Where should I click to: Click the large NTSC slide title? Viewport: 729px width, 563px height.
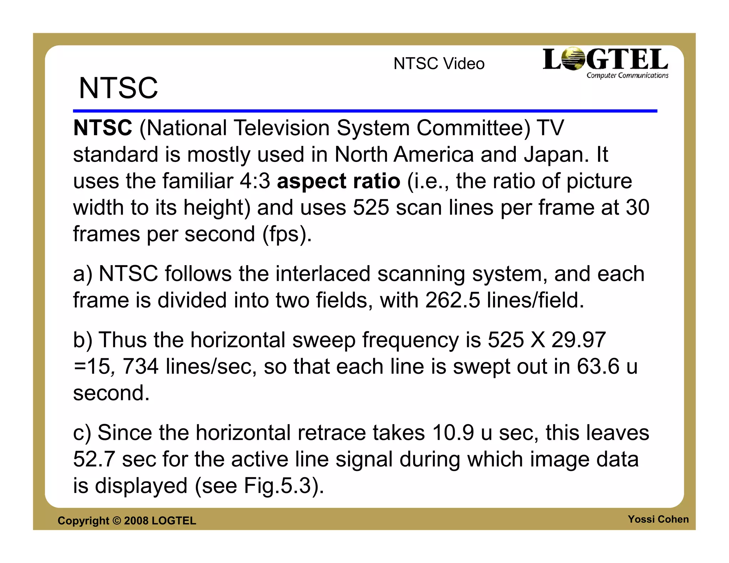pos(118,88)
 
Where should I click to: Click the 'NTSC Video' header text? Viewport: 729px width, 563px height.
pos(439,64)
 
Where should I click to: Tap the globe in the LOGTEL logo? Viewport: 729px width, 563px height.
pos(572,59)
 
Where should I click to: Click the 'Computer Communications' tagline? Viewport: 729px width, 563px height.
pos(627,75)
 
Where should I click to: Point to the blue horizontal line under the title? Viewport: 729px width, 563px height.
pos(365,111)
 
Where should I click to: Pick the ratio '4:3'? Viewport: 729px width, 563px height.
pos(255,181)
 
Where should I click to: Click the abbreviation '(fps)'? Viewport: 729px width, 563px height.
pos(287,235)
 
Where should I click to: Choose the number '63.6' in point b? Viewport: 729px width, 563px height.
pos(598,367)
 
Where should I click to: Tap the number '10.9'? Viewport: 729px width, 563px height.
pos(453,433)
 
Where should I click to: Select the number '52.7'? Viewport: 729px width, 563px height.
pos(94,459)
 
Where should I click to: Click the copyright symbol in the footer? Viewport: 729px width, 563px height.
pos(116,521)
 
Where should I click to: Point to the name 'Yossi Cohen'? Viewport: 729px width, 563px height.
pos(658,519)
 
